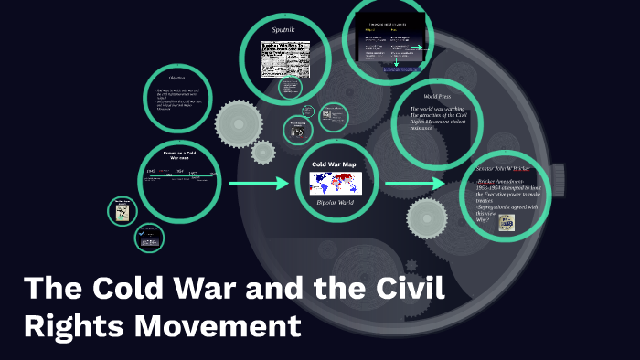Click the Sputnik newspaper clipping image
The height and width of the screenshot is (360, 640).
point(285,58)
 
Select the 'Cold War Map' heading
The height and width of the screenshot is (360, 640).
point(334,164)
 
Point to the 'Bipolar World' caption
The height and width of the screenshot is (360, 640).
point(334,201)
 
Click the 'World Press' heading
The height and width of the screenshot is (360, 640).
point(436,96)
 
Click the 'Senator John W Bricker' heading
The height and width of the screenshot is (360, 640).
point(503,170)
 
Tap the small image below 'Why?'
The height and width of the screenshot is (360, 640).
point(506,222)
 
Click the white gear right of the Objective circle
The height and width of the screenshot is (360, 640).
point(239,122)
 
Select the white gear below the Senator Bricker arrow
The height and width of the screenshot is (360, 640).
point(427,220)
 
